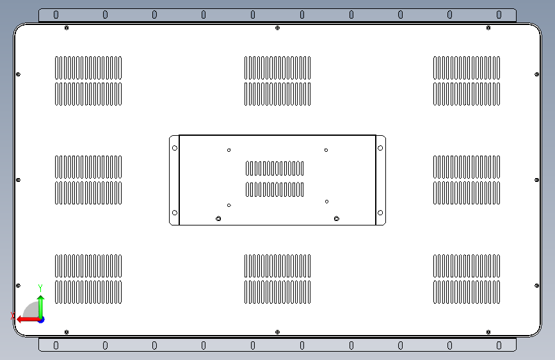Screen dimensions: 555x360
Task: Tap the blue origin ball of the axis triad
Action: (x=40, y=319)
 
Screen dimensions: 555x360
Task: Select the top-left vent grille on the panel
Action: (x=88, y=81)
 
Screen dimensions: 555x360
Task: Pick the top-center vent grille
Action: (x=277, y=81)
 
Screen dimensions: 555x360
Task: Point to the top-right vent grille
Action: (x=467, y=81)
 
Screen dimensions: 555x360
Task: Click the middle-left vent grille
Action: (x=88, y=180)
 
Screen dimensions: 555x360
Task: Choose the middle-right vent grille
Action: (x=467, y=180)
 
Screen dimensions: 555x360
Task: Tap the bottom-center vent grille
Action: (x=277, y=279)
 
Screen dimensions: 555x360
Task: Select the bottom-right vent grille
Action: (x=467, y=279)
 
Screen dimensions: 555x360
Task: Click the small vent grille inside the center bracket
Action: (x=275, y=179)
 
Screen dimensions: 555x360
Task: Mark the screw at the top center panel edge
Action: (x=277, y=28)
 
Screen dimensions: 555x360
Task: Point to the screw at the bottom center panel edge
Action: (x=277, y=332)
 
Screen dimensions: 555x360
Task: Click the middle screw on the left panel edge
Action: (x=18, y=180)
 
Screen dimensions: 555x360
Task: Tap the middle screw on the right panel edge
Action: (x=536, y=180)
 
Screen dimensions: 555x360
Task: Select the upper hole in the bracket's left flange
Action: (x=174, y=148)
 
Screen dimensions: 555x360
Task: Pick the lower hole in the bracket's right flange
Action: (x=380, y=213)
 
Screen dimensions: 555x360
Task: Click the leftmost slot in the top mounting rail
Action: (x=56, y=15)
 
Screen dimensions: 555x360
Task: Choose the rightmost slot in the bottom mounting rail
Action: (x=499, y=345)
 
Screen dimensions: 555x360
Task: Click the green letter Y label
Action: (x=40, y=288)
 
